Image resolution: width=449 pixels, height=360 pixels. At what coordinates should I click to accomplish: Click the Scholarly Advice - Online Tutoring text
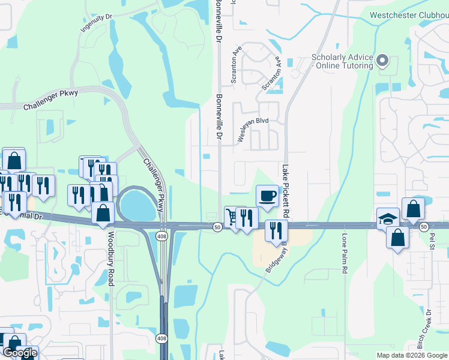tap(341, 61)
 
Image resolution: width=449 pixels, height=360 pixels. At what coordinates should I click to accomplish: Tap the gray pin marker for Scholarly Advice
tap(382, 60)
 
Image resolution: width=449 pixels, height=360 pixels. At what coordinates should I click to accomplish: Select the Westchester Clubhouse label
tap(409, 14)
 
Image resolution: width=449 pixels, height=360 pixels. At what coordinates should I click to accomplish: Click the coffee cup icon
tap(267, 195)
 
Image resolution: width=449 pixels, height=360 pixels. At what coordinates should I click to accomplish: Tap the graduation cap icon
tap(388, 218)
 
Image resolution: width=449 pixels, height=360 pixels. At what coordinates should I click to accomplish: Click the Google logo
tap(20, 352)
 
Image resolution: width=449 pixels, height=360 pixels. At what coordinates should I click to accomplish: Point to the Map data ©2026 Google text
tap(412, 355)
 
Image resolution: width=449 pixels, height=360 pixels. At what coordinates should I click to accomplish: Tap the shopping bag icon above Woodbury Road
tap(103, 214)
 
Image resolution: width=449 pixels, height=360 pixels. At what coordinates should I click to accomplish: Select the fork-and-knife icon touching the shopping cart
tap(246, 217)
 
